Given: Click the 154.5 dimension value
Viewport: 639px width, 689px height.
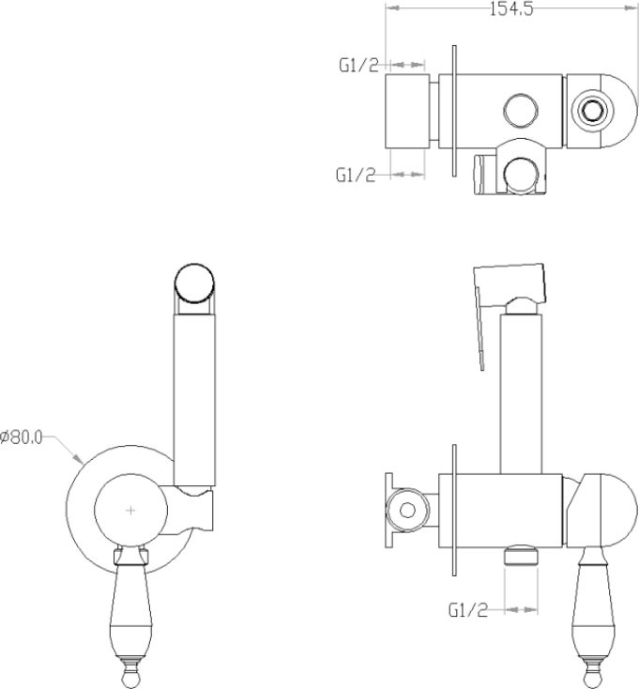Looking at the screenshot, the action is pyautogui.click(x=511, y=8).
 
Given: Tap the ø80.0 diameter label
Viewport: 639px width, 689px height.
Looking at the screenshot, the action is pyautogui.click(x=22, y=437).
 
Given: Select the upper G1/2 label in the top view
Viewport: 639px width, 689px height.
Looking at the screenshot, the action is pyautogui.click(x=358, y=66).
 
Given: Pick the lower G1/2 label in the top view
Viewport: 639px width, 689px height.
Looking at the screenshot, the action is pyautogui.click(x=356, y=175).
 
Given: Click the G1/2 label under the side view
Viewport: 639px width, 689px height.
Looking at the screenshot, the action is pyautogui.click(x=468, y=610).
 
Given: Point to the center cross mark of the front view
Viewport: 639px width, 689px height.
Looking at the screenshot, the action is pyautogui.click(x=130, y=510).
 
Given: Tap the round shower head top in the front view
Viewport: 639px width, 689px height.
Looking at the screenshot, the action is pyautogui.click(x=194, y=283).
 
